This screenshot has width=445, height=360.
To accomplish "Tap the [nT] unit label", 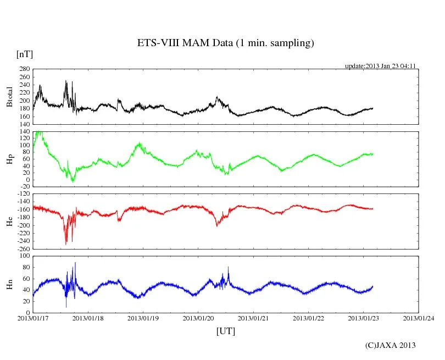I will [24, 54].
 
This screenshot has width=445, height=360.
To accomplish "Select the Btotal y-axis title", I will [9, 97].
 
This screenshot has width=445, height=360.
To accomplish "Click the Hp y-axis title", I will [9, 159].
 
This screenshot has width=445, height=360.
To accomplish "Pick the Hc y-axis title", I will [9, 221].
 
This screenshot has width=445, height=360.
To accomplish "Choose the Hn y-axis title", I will [9, 284].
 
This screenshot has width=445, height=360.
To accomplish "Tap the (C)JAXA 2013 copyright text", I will [391, 345].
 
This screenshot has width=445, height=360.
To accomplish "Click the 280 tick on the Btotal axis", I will [24, 69].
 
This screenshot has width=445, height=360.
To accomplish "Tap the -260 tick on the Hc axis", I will [23, 248].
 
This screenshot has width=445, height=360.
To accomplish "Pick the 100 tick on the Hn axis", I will [24, 256].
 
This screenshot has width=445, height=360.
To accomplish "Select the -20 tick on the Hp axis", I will [24, 186].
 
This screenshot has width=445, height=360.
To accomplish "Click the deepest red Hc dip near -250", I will [66, 243].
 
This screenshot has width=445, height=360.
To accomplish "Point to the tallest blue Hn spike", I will [75, 263].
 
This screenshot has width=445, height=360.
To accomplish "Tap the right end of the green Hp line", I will [372, 154].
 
